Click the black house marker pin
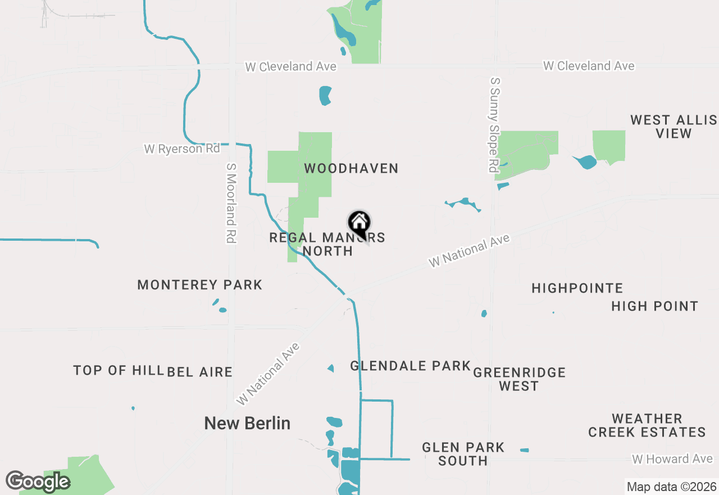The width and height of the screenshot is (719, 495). click(359, 224)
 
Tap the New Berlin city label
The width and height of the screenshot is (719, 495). click(247, 423)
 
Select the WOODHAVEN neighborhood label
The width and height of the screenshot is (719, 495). click(351, 168)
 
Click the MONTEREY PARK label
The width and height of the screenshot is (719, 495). click(200, 285)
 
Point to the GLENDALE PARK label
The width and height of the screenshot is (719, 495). click(410, 366)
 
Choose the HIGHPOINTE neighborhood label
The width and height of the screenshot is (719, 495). click(577, 289)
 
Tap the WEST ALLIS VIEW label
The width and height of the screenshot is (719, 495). click(674, 127)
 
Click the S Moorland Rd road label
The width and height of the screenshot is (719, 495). click(230, 203)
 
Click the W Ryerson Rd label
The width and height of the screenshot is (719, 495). click(182, 149)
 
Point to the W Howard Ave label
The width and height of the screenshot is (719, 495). click(672, 460)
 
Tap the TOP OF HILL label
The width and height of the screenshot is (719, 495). click(118, 371)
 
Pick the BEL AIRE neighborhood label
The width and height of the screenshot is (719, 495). click(200, 372)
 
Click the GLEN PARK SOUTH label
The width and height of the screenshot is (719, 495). click(463, 454)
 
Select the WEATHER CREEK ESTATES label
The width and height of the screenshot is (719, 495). click(647, 425)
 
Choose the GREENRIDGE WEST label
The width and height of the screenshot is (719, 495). click(519, 379)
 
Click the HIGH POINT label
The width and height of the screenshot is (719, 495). click(654, 307)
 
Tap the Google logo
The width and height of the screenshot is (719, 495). click(38, 481)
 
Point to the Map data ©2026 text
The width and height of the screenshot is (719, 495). click(671, 487)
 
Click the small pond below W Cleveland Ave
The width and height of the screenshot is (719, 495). click(325, 96)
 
